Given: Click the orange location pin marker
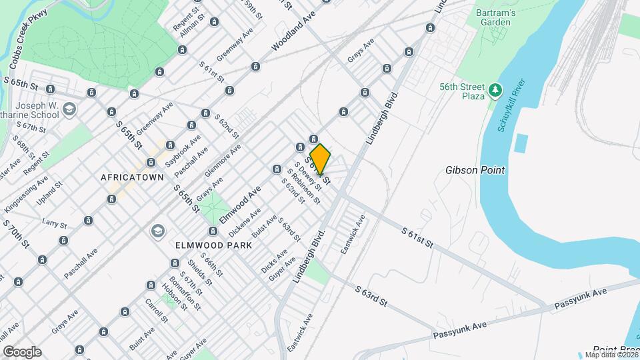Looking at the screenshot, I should pos(320,159).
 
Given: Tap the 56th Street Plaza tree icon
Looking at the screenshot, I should pos(495,89).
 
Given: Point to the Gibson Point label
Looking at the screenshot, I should pos(475,170).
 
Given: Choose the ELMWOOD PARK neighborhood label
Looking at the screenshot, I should pos(213,245).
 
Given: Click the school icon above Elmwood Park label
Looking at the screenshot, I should pos(158,231).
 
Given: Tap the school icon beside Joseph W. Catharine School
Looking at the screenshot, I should pos(71,109).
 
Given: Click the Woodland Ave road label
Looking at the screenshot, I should pos(294,32).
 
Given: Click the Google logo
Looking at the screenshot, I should pos(22,352).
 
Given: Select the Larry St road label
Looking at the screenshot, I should pos(55,222).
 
